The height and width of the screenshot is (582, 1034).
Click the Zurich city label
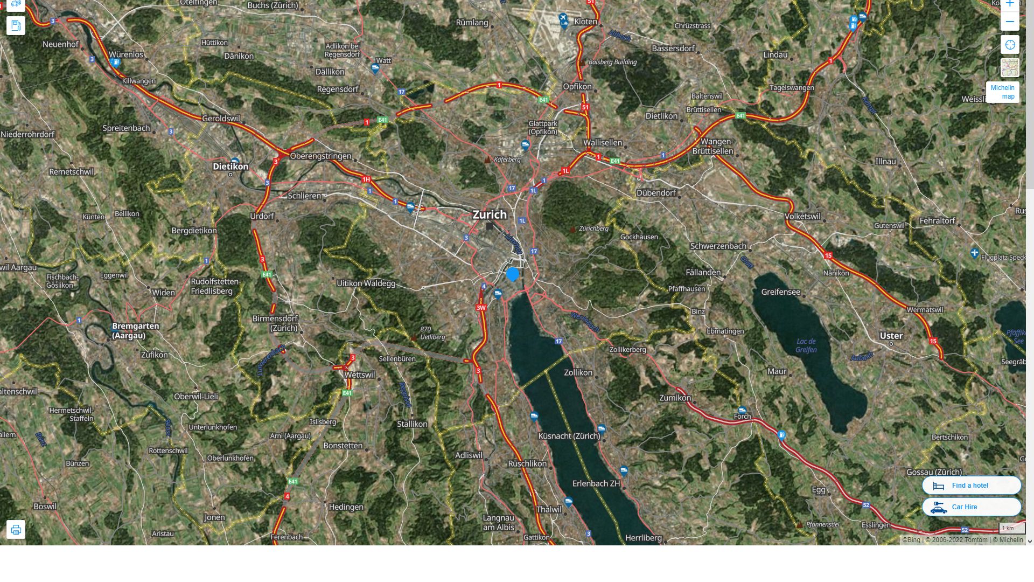489,214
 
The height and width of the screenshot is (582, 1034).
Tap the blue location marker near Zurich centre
513,274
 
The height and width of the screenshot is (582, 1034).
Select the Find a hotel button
971,486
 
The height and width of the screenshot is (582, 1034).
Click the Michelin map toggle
1002,92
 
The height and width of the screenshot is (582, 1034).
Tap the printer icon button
16,529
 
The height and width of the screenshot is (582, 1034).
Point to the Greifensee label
780,292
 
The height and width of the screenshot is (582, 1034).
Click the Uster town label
891,336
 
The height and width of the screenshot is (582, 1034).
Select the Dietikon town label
230,167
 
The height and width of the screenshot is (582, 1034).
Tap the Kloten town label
585,22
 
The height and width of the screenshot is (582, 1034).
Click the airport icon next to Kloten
563,19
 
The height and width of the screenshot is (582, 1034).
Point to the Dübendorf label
655,193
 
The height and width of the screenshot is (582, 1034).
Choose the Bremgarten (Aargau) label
135,330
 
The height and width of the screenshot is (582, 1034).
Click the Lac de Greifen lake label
806,345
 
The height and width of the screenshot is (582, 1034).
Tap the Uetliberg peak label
432,337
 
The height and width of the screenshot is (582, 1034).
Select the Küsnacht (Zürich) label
569,436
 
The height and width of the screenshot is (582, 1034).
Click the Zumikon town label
675,398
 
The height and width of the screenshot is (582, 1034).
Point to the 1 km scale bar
1011,528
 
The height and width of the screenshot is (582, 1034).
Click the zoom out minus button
1010,22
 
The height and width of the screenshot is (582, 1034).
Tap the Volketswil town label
802,216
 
